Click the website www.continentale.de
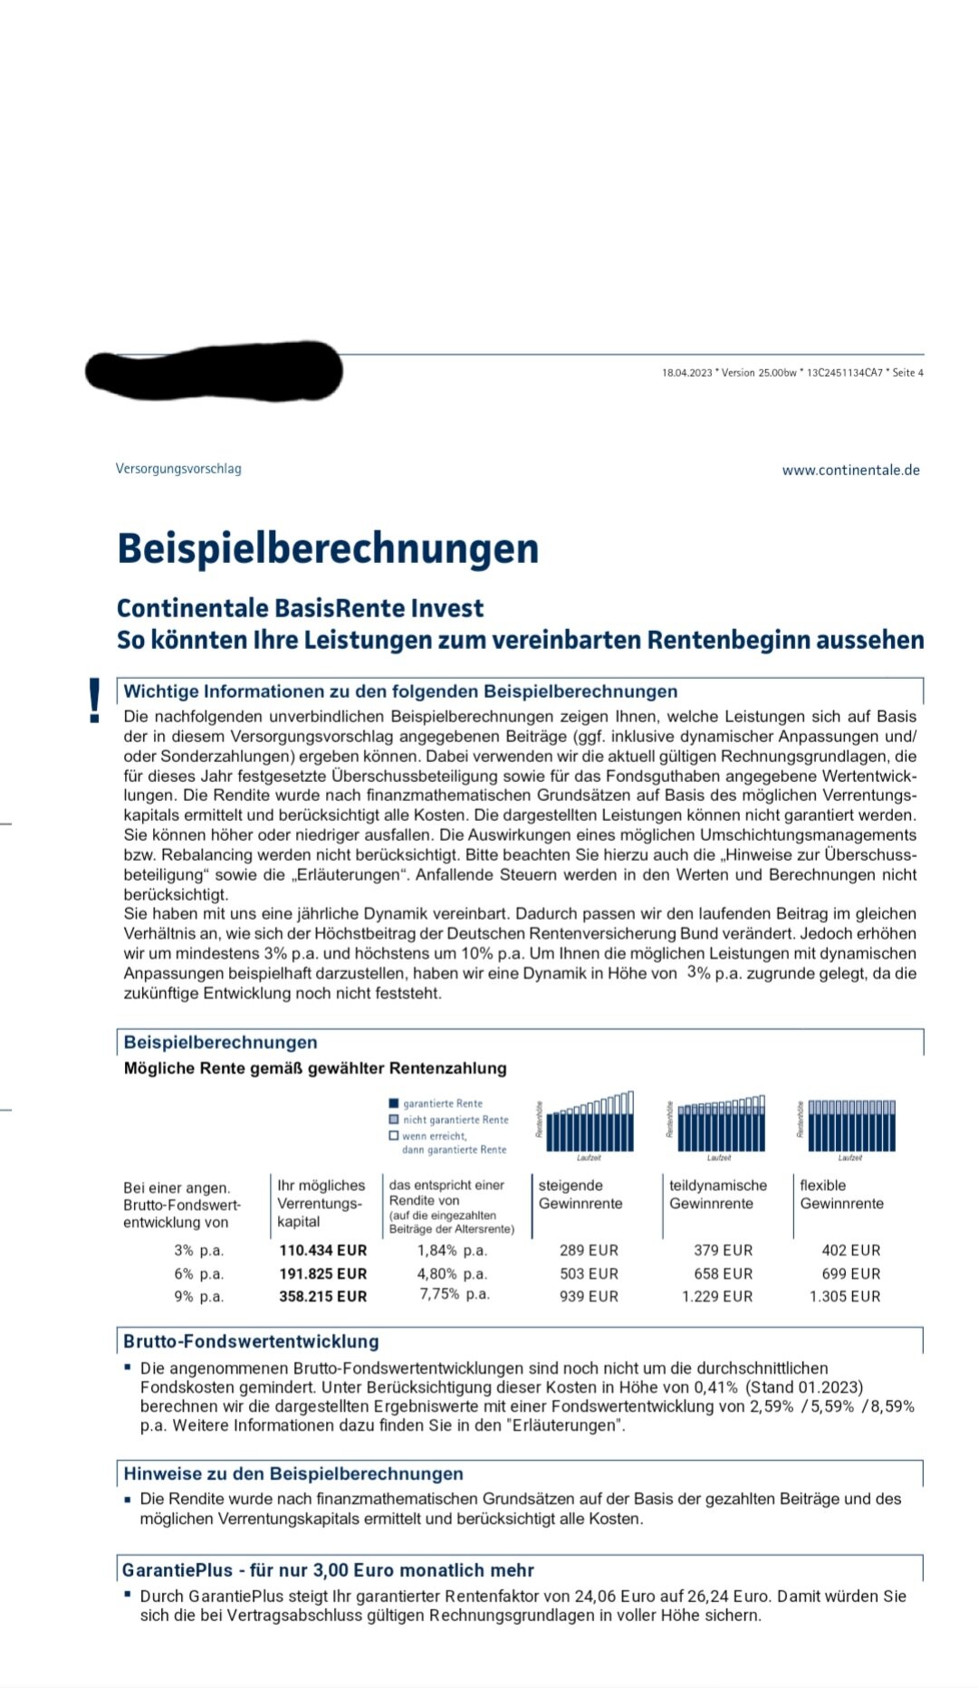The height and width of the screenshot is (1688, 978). pyautogui.click(x=850, y=470)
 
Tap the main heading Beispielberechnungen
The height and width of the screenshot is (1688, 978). pyautogui.click(x=328, y=548)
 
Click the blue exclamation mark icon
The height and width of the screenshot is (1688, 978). pyautogui.click(x=94, y=701)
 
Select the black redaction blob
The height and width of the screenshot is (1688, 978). pyautogui.click(x=214, y=372)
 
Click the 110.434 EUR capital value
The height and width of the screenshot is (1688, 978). pyautogui.click(x=322, y=1251)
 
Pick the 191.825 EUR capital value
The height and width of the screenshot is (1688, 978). pyautogui.click(x=322, y=1273)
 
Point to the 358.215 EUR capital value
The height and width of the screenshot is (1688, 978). pyautogui.click(x=322, y=1296)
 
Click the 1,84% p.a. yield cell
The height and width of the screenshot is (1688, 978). pyautogui.click(x=452, y=1251)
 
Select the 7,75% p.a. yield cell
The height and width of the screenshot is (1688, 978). pyautogui.click(x=454, y=1294)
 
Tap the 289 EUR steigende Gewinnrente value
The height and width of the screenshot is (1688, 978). pyautogui.click(x=589, y=1251)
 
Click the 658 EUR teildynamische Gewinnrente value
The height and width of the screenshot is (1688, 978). pyautogui.click(x=723, y=1273)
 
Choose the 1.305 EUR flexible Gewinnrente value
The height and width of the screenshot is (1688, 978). pyautogui.click(x=844, y=1296)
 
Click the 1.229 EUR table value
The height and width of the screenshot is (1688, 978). pyautogui.click(x=716, y=1296)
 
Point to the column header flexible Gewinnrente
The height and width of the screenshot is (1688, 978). pyautogui.click(x=841, y=1194)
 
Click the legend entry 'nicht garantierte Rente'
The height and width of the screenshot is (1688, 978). pyautogui.click(x=455, y=1120)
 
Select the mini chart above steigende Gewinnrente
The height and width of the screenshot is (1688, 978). pyautogui.click(x=590, y=1123)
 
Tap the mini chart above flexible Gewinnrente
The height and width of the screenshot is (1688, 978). pyautogui.click(x=851, y=1125)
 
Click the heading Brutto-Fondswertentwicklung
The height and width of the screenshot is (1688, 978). pyautogui.click(x=251, y=1341)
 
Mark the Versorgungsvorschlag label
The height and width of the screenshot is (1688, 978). pyautogui.click(x=178, y=469)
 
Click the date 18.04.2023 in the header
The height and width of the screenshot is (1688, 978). pyautogui.click(x=686, y=373)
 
